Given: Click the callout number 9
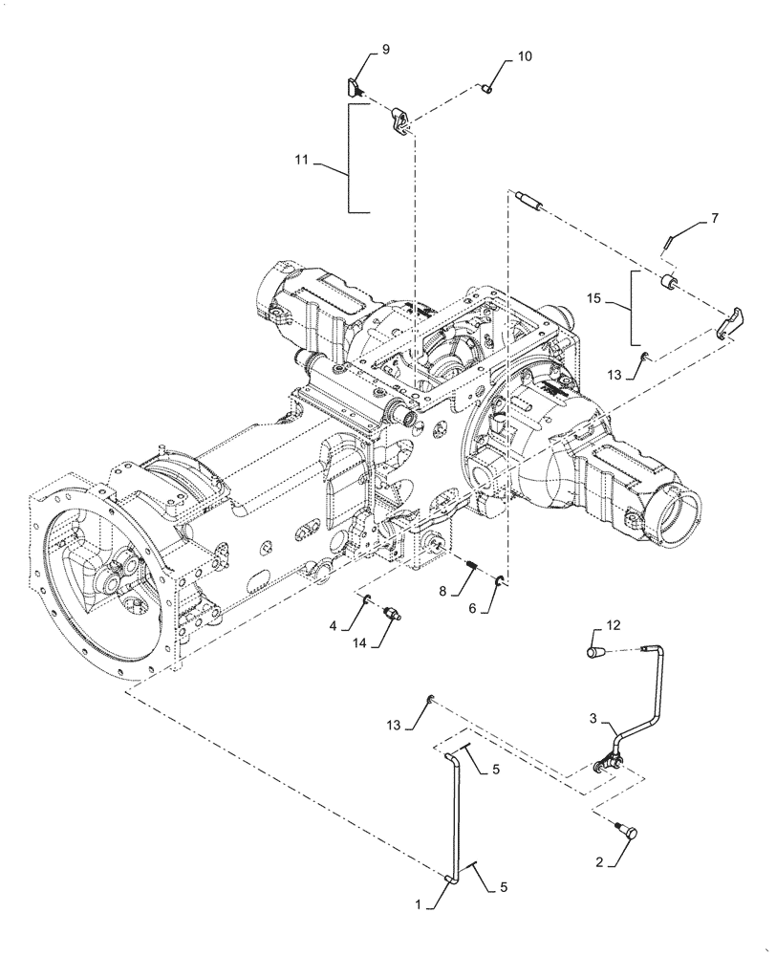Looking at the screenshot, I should pos(386,49).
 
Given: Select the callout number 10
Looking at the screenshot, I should pos(525,56).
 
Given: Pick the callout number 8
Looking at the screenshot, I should pos(442,592).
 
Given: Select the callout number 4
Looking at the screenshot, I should pos(333,626).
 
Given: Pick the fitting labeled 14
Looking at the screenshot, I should pos(392,614).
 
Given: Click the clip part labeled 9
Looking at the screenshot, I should pos(356,88).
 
